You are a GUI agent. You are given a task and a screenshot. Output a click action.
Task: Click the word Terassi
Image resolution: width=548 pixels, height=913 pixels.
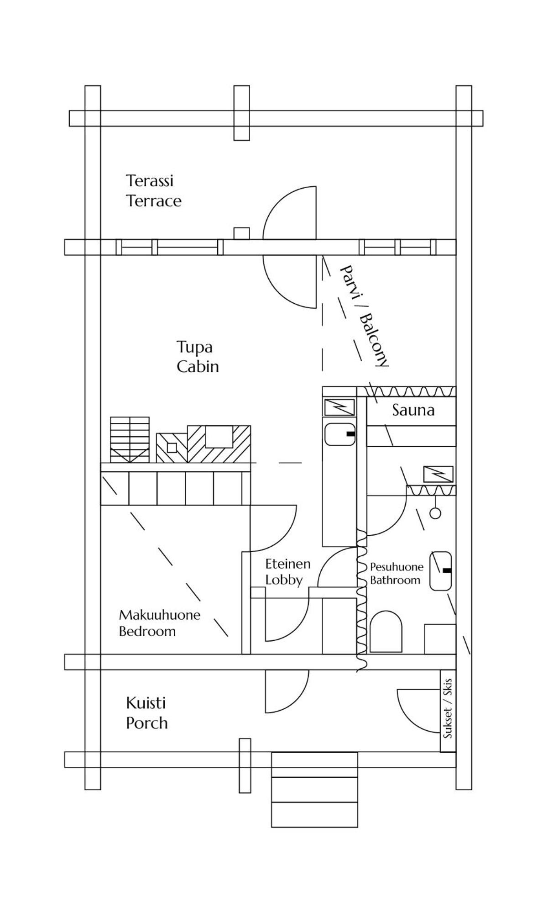click(150, 181)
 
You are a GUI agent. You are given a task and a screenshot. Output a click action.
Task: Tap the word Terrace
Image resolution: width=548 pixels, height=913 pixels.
click(154, 201)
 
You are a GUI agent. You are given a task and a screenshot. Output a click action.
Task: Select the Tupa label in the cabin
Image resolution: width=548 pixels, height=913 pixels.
click(194, 348)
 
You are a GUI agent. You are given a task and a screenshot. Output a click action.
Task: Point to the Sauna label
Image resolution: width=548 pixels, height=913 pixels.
click(413, 410)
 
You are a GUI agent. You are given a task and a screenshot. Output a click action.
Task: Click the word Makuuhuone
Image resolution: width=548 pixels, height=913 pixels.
click(160, 615)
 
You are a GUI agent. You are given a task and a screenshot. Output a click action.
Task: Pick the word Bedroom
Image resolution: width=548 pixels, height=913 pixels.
click(147, 631)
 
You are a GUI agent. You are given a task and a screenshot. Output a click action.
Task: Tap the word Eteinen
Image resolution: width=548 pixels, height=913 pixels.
click(288, 564)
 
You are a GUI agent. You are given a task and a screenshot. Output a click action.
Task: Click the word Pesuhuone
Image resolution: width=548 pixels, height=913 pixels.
click(397, 567)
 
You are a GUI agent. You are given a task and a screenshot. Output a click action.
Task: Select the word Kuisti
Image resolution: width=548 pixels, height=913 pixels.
click(146, 703)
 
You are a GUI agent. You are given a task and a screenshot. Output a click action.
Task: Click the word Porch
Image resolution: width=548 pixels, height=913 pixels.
click(147, 723)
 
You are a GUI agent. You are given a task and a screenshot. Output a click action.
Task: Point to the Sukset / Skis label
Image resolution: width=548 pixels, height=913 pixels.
click(448, 708)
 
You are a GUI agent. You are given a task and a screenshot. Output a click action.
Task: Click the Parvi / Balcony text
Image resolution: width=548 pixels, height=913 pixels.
click(364, 316)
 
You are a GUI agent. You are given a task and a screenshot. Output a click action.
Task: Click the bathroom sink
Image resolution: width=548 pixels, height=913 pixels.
click(440, 571)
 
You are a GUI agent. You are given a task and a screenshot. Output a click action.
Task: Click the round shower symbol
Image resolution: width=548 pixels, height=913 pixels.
click(436, 513)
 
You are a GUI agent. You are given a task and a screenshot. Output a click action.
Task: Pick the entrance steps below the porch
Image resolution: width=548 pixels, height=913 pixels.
click(314, 789)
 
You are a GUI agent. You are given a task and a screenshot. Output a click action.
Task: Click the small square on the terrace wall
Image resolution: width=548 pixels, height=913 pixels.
click(241, 233)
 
